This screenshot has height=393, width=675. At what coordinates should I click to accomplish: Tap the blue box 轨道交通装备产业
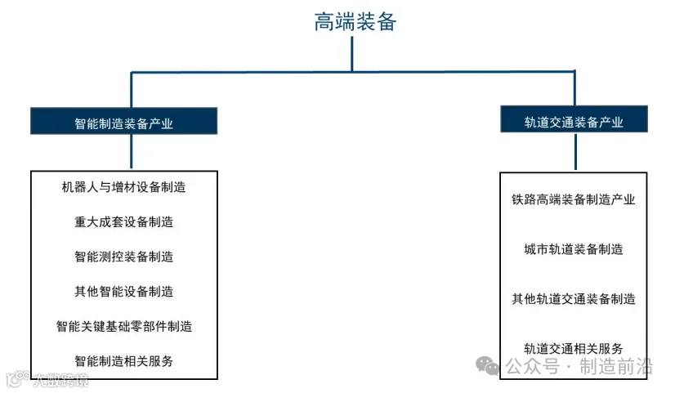pos(574,122)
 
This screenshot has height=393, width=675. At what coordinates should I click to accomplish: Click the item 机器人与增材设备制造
pos(124,187)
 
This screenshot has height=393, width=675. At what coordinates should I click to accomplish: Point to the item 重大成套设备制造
pos(124,221)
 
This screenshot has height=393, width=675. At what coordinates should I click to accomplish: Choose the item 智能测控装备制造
pos(124,257)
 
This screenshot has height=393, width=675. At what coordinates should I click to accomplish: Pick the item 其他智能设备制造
pos(124,292)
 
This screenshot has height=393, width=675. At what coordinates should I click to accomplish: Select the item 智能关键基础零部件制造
pos(124,327)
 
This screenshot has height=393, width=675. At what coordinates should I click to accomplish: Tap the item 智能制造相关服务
pos(124,361)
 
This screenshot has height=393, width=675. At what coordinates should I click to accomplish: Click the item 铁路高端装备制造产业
pos(574,199)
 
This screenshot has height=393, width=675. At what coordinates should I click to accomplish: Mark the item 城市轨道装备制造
pos(574,249)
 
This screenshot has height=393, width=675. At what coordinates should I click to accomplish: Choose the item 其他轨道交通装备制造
pos(574,299)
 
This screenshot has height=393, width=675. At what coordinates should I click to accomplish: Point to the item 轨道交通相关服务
pos(574,349)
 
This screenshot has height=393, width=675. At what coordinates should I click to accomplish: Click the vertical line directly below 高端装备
pos(352,54)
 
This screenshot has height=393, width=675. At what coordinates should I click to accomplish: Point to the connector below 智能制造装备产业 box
pos(131,152)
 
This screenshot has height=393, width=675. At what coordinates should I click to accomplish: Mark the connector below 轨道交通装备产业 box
pos(574,152)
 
